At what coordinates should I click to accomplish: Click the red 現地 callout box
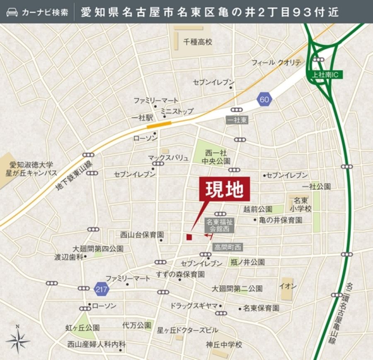click(225, 189)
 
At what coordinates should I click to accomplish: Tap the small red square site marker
click(189, 237)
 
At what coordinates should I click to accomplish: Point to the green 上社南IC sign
click(325, 75)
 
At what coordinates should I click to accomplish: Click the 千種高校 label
click(198, 42)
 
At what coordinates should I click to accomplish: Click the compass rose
click(18, 341)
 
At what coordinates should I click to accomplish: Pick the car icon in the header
click(12, 12)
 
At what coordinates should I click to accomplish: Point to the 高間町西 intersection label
click(228, 247)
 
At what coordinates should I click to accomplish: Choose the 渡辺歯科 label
click(69, 257)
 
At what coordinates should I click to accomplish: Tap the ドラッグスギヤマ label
click(194, 306)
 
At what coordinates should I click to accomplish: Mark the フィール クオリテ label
click(276, 63)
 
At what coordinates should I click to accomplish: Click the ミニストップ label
click(177, 111)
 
